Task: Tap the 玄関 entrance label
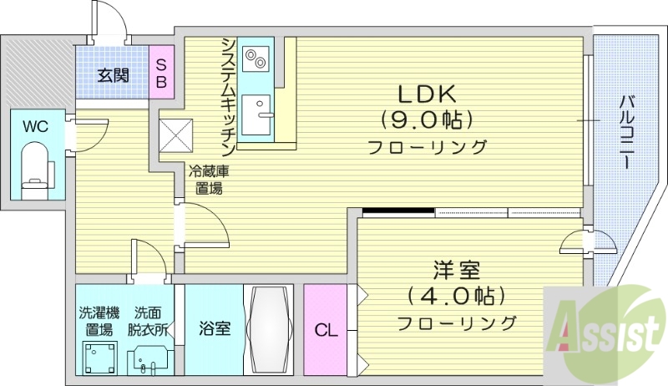113,75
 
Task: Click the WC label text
34,127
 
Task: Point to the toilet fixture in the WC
35,168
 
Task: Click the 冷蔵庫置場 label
205,180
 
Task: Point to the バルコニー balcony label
625,133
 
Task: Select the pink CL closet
326,329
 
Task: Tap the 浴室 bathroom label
215,328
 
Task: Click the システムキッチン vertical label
227,92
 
